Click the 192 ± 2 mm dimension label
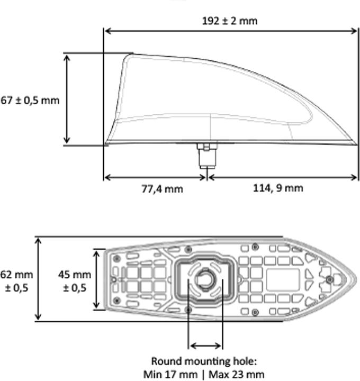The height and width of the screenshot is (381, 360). point(230,21)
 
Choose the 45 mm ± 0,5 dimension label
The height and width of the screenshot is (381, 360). point(75,281)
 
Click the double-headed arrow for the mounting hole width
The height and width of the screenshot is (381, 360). point(206,346)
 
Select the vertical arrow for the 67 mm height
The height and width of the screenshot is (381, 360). point(67,99)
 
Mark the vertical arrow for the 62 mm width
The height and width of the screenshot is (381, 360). point(38,279)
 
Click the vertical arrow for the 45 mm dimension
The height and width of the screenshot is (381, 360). point(96,279)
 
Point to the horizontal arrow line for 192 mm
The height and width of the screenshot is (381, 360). point(231,31)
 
